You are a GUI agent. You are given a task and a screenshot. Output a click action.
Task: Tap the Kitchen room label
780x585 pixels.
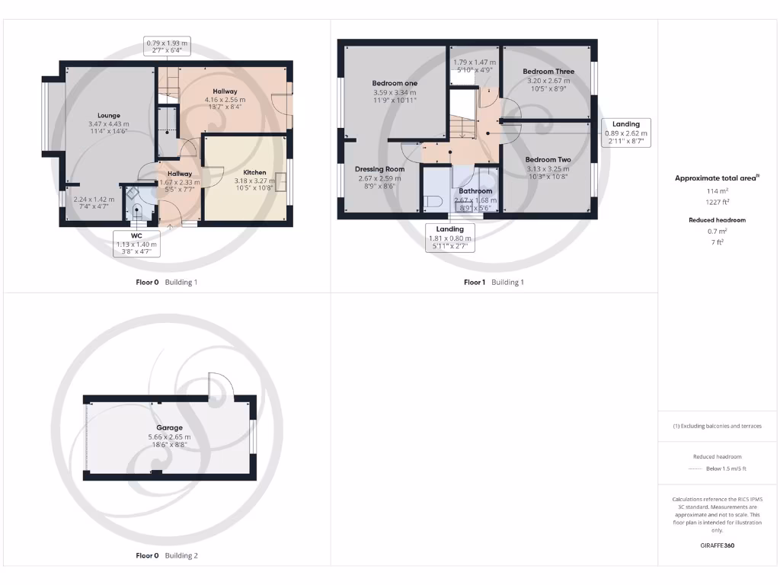[x=254, y=173]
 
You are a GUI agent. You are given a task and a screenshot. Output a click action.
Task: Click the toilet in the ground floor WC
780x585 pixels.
[x=137, y=213]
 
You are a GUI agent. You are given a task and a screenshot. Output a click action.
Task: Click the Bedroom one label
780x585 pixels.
[x=395, y=83]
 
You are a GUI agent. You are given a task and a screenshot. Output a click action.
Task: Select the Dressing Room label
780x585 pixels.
[x=379, y=169]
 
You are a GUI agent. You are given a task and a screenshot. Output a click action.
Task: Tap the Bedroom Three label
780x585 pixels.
[x=548, y=72]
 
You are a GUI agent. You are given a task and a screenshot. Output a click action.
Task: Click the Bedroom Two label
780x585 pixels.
[x=548, y=160]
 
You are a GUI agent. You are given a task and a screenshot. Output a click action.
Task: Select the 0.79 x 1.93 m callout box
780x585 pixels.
[x=167, y=46]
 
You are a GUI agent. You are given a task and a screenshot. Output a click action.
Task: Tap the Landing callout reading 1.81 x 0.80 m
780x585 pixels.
[x=450, y=238]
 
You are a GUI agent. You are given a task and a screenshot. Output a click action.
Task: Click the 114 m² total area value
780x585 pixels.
[x=717, y=191]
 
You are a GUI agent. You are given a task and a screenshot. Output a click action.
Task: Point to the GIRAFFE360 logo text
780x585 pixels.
[x=717, y=545]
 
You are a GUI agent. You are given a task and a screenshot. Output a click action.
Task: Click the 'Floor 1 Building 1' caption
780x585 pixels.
[x=494, y=282]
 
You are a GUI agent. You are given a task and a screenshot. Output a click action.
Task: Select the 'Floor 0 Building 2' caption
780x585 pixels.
[x=167, y=556]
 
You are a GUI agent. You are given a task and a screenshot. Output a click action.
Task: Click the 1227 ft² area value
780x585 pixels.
[x=717, y=203]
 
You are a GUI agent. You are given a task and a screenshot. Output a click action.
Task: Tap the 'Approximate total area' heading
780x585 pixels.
[x=717, y=177]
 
